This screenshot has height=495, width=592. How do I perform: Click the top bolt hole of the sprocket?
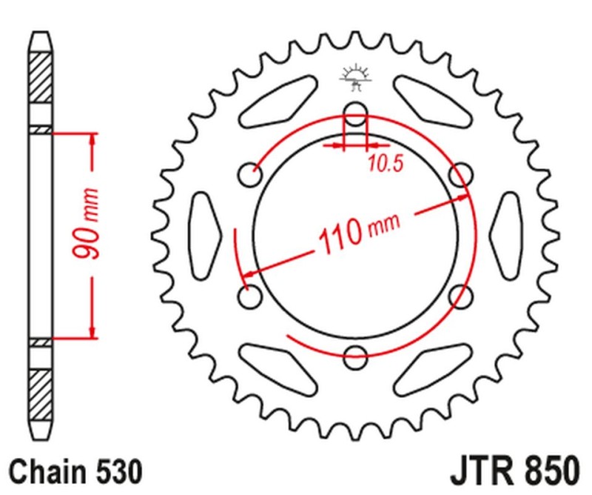tap(356, 115)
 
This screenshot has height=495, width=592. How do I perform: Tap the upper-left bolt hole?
tap(252, 176)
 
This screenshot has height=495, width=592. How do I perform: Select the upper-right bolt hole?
tap(460, 175)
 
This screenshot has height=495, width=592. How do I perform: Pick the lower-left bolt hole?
tap(252, 295)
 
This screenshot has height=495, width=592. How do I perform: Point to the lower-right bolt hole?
tap(460, 296)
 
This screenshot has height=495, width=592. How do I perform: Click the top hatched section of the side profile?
tap(41, 77)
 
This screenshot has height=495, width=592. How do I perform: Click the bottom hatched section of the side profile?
tap(41, 388)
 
